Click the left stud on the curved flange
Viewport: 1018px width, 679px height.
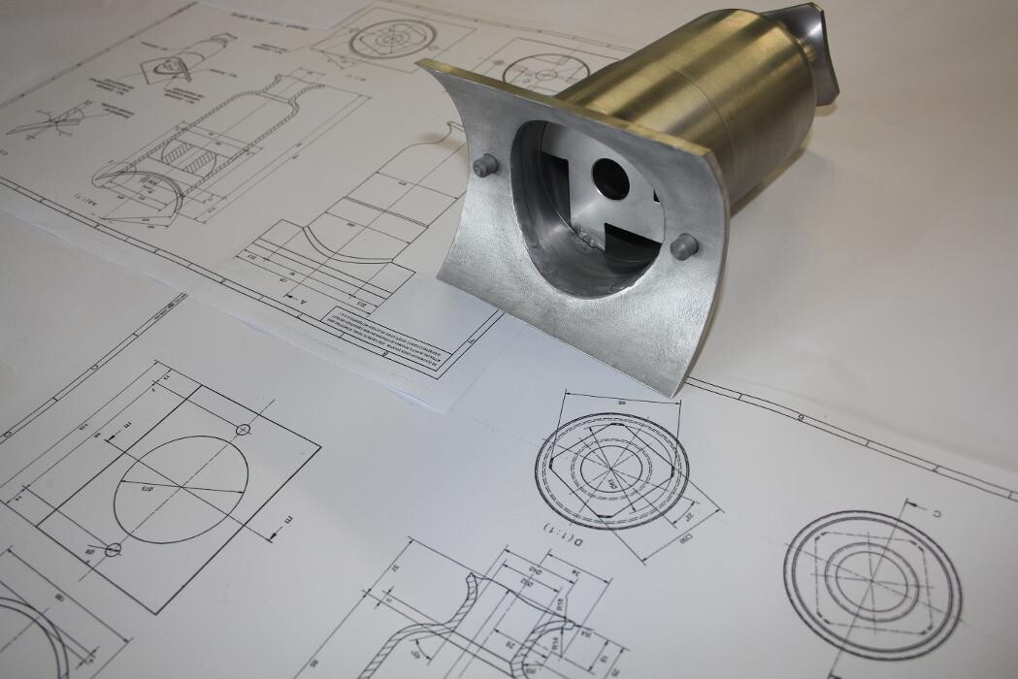484,166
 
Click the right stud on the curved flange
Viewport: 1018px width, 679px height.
684,246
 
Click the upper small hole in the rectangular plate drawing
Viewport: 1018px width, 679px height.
244,429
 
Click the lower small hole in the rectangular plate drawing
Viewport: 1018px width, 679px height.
114,549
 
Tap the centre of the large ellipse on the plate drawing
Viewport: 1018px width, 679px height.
181,488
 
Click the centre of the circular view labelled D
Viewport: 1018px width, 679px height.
611,471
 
